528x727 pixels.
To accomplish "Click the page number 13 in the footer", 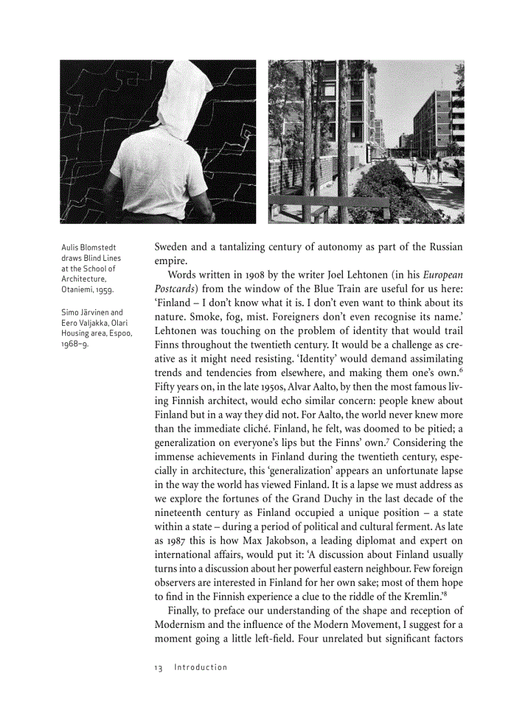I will [x=159, y=667].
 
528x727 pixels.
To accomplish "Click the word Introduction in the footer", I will [x=201, y=667].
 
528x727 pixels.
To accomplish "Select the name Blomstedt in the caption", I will [x=97, y=248].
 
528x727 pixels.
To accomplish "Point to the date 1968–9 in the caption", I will [x=74, y=344].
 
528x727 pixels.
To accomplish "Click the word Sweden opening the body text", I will [x=172, y=247].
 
